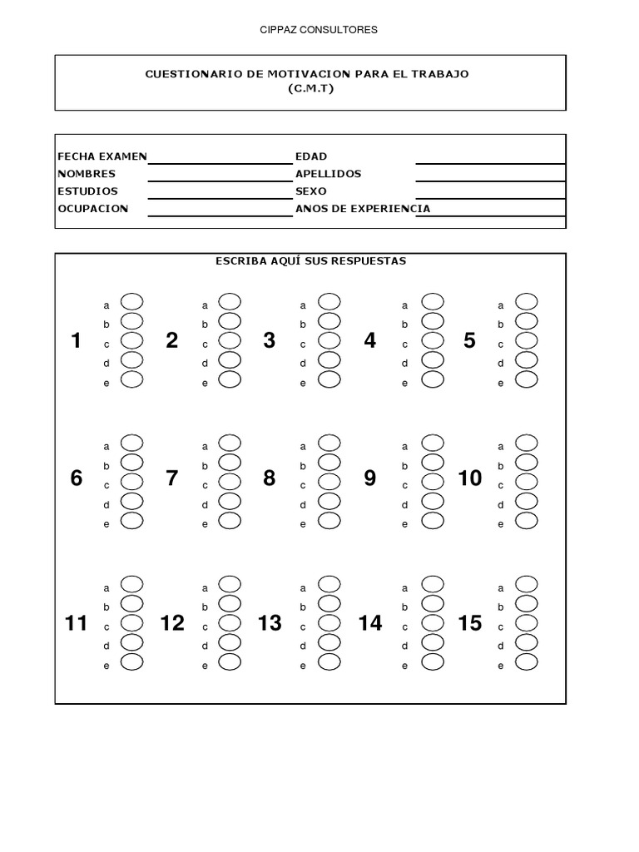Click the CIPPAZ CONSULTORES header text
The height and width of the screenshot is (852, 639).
319,30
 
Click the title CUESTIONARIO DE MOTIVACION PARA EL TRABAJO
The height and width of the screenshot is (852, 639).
308,74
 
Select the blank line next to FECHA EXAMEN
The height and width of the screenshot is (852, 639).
218,157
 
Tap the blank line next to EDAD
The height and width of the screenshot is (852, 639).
490,157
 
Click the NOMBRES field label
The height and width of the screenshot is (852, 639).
87,174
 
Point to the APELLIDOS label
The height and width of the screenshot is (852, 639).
329,174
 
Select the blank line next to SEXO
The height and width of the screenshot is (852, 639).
490,192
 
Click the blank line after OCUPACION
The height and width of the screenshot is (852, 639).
218,210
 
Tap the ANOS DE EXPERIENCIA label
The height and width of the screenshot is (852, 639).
363,209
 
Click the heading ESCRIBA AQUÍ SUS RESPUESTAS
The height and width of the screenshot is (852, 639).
310,261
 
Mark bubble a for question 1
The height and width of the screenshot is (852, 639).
132,301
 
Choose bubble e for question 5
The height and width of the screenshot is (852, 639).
527,379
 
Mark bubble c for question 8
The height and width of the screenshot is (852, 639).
329,481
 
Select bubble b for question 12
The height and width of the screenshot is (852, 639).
230,602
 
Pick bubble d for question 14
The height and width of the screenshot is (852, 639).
433,641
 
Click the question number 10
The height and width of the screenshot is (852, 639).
470,478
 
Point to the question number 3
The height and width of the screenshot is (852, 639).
269,340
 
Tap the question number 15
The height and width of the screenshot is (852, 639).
470,623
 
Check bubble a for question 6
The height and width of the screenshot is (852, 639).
132,442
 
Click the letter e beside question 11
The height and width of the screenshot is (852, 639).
106,666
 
